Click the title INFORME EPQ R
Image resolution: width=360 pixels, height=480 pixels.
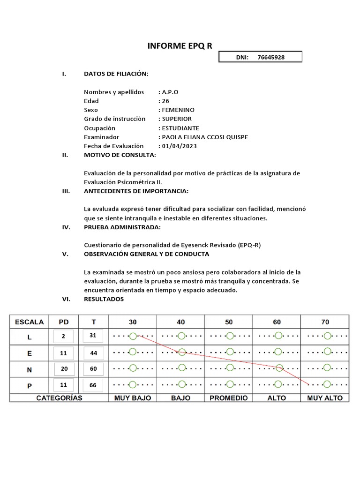pos(180,45)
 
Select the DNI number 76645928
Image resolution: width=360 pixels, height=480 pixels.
pos(271,57)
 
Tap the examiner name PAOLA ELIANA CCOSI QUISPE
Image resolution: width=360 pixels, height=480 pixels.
pos(205,137)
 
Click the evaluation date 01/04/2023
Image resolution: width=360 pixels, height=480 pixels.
pos(180,146)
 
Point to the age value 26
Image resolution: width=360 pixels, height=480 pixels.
pos(165,101)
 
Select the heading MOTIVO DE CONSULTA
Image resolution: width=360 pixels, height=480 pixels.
pos(120,155)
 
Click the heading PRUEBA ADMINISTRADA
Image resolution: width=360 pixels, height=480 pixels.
pos(122,227)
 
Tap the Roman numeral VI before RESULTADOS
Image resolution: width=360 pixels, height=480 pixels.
pos(66,299)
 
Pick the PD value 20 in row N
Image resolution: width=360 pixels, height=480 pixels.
pos(64,369)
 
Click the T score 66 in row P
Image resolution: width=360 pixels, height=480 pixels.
pos(93,385)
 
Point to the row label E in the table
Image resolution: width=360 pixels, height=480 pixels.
pos(29,353)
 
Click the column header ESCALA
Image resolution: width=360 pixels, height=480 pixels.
pos(29,322)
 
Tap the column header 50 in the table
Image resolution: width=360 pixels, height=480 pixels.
pos(229,322)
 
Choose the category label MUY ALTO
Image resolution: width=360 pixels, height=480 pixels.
pos(325,398)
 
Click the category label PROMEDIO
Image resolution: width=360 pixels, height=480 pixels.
pos(229,398)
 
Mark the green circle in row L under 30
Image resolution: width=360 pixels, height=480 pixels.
pos(133,336)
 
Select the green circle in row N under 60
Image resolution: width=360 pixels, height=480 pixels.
pos(279,368)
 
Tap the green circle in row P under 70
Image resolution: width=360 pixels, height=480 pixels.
pos(327,384)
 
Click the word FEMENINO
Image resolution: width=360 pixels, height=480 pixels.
pos(178,110)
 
